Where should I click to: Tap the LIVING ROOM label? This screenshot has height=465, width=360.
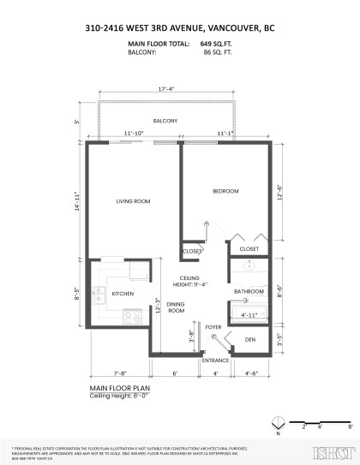[x=133, y=201]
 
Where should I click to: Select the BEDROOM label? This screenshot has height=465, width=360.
[x=225, y=190]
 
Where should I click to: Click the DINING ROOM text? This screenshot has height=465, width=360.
[x=176, y=307]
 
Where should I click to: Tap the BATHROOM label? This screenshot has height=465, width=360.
[x=249, y=292]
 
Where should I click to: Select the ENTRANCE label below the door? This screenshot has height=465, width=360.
[x=215, y=361]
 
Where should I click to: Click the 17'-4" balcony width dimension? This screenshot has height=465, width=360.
[x=168, y=89]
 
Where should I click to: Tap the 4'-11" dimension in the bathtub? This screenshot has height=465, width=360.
[x=248, y=314]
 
